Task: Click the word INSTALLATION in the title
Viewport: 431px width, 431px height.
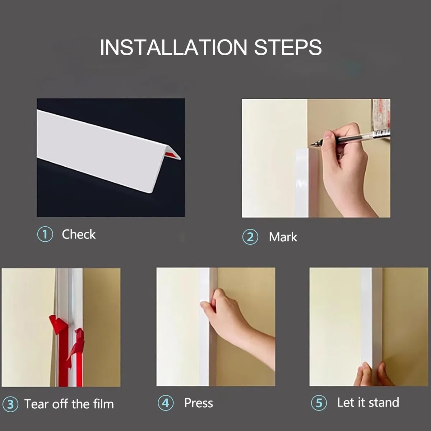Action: click(173, 47)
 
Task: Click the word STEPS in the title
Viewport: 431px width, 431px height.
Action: click(288, 47)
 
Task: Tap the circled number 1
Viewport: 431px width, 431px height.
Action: click(45, 234)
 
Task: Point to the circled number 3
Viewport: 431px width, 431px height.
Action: click(10, 404)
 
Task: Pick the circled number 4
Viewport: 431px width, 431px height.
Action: click(166, 403)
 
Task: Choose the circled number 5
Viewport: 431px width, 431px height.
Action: click(319, 403)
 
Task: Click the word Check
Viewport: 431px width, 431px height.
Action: click(79, 234)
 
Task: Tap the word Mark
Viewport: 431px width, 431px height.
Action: click(283, 237)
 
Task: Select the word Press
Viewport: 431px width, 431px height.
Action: click(199, 403)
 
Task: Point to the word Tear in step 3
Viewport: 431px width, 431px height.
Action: click(37, 404)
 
